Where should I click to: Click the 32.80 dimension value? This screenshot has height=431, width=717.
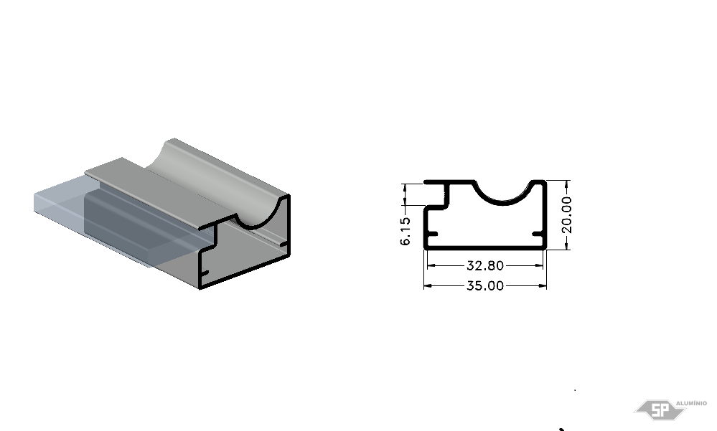(x=484, y=265)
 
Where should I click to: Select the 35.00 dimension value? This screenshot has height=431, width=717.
(x=484, y=285)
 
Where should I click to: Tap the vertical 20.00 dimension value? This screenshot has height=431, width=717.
(x=566, y=215)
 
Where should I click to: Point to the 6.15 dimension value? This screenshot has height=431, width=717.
(x=405, y=231)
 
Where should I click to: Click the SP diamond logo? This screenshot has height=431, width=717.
(x=660, y=409)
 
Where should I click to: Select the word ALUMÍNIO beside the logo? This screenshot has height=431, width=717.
(x=691, y=403)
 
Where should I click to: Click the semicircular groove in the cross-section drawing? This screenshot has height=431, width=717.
(x=503, y=199)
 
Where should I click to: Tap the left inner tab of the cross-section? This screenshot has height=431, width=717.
(x=433, y=235)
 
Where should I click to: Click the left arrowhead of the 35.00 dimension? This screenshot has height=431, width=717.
(x=428, y=286)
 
